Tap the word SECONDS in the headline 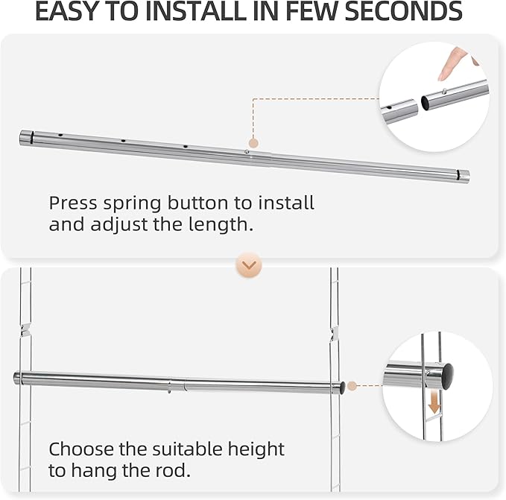pos(401,12)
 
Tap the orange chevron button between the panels pos(248,265)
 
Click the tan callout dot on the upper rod pos(253,142)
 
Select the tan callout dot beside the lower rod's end pos(352,386)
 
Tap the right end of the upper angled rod pos(465,177)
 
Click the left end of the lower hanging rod pos(17,378)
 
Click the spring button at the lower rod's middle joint pos(170,385)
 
